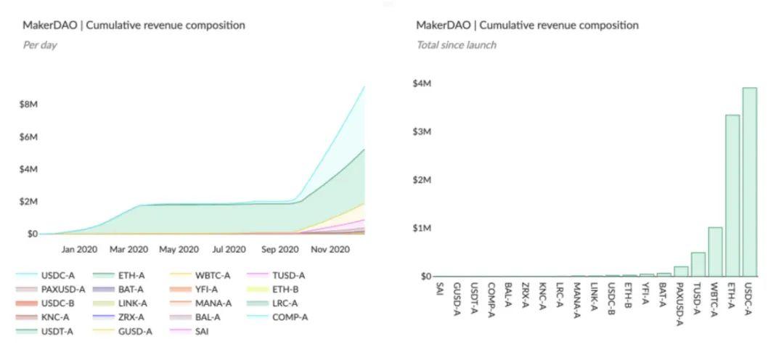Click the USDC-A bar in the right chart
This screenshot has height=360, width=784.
pyautogui.click(x=749, y=182)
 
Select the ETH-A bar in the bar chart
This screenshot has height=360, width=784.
pyautogui.click(x=732, y=195)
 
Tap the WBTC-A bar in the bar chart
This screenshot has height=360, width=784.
pyautogui.click(x=716, y=252)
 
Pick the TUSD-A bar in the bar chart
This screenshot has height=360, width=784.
pyautogui.click(x=698, y=264)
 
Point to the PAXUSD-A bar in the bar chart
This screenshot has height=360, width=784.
pyautogui.click(x=681, y=271)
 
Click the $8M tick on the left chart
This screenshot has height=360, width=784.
pyautogui.click(x=28, y=105)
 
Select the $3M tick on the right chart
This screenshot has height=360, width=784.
pyautogui.click(x=422, y=131)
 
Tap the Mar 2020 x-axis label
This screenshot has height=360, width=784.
pyautogui.click(x=129, y=249)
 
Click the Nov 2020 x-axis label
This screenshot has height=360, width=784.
pyautogui.click(x=330, y=249)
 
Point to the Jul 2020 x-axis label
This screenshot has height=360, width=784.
pyautogui.click(x=229, y=249)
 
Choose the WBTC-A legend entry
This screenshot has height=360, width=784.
pyautogui.click(x=200, y=276)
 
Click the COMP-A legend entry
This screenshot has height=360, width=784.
pyautogui.click(x=277, y=317)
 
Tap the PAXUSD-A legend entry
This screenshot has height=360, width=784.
pyautogui.click(x=51, y=290)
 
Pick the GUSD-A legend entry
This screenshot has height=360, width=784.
pyautogui.click(x=123, y=331)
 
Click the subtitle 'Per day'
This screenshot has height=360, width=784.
pyautogui.click(x=40, y=45)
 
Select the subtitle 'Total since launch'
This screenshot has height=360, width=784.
pyautogui.click(x=457, y=45)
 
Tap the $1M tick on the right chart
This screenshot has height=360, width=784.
pyautogui.click(x=422, y=229)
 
